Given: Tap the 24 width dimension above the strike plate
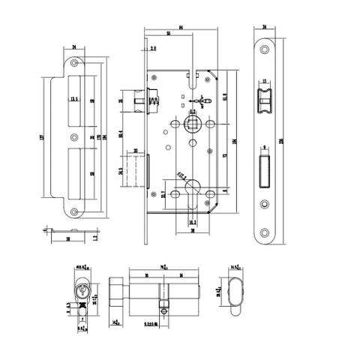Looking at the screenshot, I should [76, 47].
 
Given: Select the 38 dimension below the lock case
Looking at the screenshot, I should [193, 232].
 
